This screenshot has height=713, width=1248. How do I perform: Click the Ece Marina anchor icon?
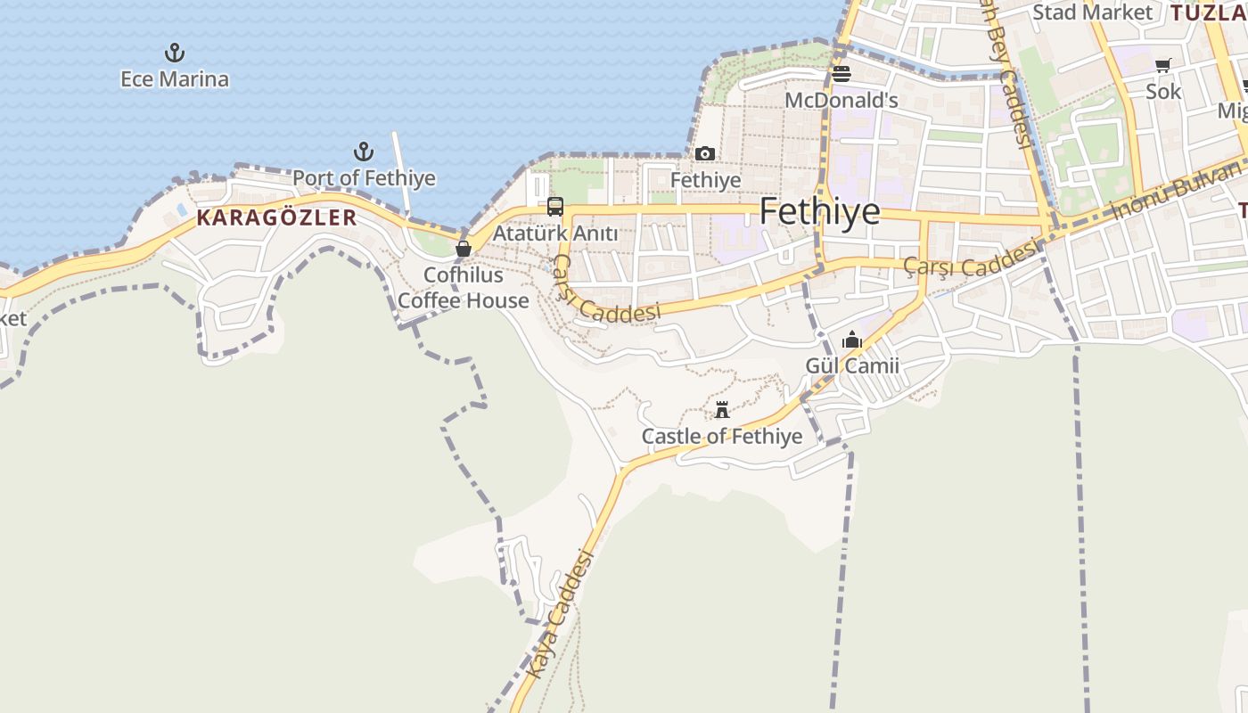click(175, 53)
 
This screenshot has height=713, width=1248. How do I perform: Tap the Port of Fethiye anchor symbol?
click(364, 152)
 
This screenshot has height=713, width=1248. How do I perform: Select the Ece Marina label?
click(175, 79)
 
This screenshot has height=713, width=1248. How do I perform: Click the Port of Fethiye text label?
click(364, 178)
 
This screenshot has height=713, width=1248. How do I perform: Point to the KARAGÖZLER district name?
click(276, 217)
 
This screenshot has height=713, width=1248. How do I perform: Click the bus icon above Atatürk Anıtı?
click(555, 208)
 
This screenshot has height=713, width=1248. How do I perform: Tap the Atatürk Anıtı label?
click(555, 234)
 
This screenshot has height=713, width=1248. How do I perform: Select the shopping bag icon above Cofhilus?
click(464, 249)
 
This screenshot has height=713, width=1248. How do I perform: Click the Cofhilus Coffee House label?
click(464, 288)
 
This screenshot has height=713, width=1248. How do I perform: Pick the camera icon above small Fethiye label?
click(705, 154)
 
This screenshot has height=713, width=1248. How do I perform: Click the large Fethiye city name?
click(819, 212)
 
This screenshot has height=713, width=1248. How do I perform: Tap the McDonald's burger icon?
click(842, 74)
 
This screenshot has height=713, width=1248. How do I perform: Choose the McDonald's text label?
click(842, 100)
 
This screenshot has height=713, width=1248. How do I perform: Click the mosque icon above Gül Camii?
click(852, 340)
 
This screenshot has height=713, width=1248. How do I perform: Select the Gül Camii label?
click(852, 365)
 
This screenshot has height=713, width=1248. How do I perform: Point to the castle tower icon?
click(722, 410)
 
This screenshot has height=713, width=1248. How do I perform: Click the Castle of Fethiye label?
click(722, 437)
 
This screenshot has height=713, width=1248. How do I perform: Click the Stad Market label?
click(1092, 12)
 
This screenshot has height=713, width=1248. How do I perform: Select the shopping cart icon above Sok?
click(1163, 65)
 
